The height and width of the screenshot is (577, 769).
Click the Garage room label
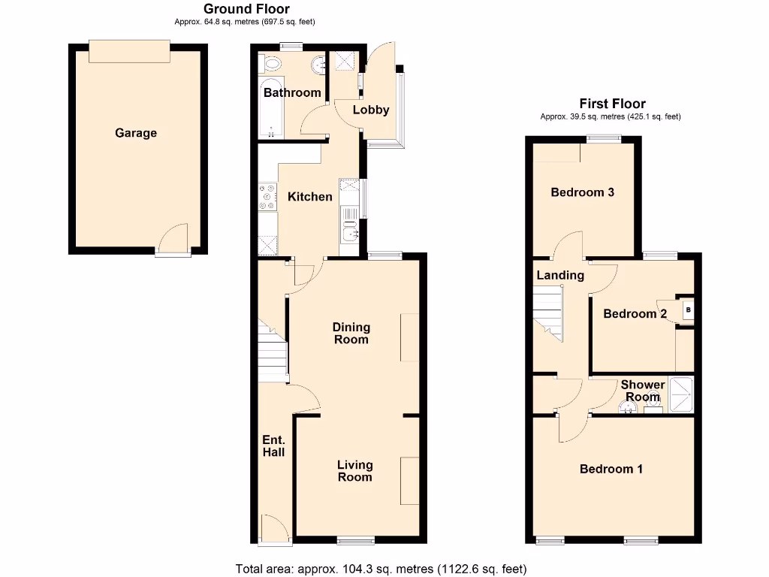click(x=136, y=133)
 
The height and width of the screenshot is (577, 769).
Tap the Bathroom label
click(x=292, y=93)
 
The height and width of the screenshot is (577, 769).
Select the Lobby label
click(x=371, y=110)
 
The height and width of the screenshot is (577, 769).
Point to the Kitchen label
click(x=310, y=197)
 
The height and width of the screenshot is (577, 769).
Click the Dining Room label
click(x=351, y=333)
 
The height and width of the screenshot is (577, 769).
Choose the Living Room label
click(x=354, y=471)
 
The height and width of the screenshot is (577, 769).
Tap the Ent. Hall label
click(x=273, y=446)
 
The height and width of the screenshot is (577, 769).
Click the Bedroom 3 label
click(x=583, y=192)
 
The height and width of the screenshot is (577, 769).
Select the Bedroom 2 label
click(x=635, y=313)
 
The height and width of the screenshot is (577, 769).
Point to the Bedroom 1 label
click(x=611, y=469)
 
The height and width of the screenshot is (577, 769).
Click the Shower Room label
click(x=643, y=391)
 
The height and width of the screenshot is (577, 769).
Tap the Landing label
click(x=560, y=275)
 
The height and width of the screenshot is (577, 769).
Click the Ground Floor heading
click(x=246, y=9)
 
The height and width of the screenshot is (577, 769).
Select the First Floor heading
click(x=612, y=104)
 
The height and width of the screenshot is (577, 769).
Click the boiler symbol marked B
click(x=688, y=309)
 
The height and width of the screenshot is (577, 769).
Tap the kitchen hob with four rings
click(x=267, y=197)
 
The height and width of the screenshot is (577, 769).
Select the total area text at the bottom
click(x=381, y=569)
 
